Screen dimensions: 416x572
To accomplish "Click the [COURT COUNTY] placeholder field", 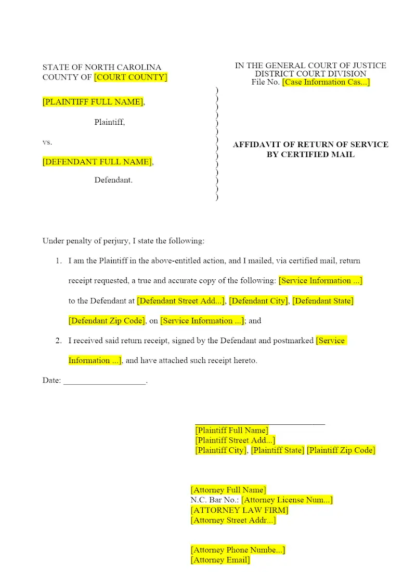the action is pyautogui.click(x=131, y=77).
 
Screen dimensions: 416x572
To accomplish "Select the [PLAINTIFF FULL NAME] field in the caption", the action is pyautogui.click(x=93, y=102).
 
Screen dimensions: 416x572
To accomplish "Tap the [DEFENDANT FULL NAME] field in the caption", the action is pyautogui.click(x=97, y=162).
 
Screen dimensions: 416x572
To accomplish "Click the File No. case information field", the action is pyautogui.click(x=326, y=82).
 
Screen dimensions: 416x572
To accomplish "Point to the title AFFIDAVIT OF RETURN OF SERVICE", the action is pyautogui.click(x=310, y=145).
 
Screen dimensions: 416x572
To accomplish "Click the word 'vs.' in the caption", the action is pyautogui.click(x=47, y=142).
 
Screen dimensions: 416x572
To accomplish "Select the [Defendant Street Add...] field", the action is pyautogui.click(x=180, y=301).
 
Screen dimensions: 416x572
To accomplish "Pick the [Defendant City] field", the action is pyautogui.click(x=258, y=301).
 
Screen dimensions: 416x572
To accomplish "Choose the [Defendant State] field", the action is pyautogui.click(x=322, y=301).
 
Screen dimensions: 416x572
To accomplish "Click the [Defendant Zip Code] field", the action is pyautogui.click(x=106, y=320).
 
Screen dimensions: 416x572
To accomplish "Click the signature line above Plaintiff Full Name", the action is pyautogui.click(x=260, y=424).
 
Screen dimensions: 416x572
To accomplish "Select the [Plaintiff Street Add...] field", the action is pyautogui.click(x=235, y=440).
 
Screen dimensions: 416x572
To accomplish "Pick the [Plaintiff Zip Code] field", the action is pyautogui.click(x=341, y=450).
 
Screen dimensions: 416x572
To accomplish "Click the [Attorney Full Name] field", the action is pyautogui.click(x=228, y=490).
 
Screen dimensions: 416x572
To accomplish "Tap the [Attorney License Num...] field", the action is pyautogui.click(x=287, y=500).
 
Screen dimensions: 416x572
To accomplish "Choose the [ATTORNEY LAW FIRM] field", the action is pyautogui.click(x=239, y=510).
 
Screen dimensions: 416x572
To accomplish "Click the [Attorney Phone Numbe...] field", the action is pyautogui.click(x=238, y=550).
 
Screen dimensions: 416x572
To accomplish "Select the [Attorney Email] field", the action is pyautogui.click(x=220, y=560).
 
